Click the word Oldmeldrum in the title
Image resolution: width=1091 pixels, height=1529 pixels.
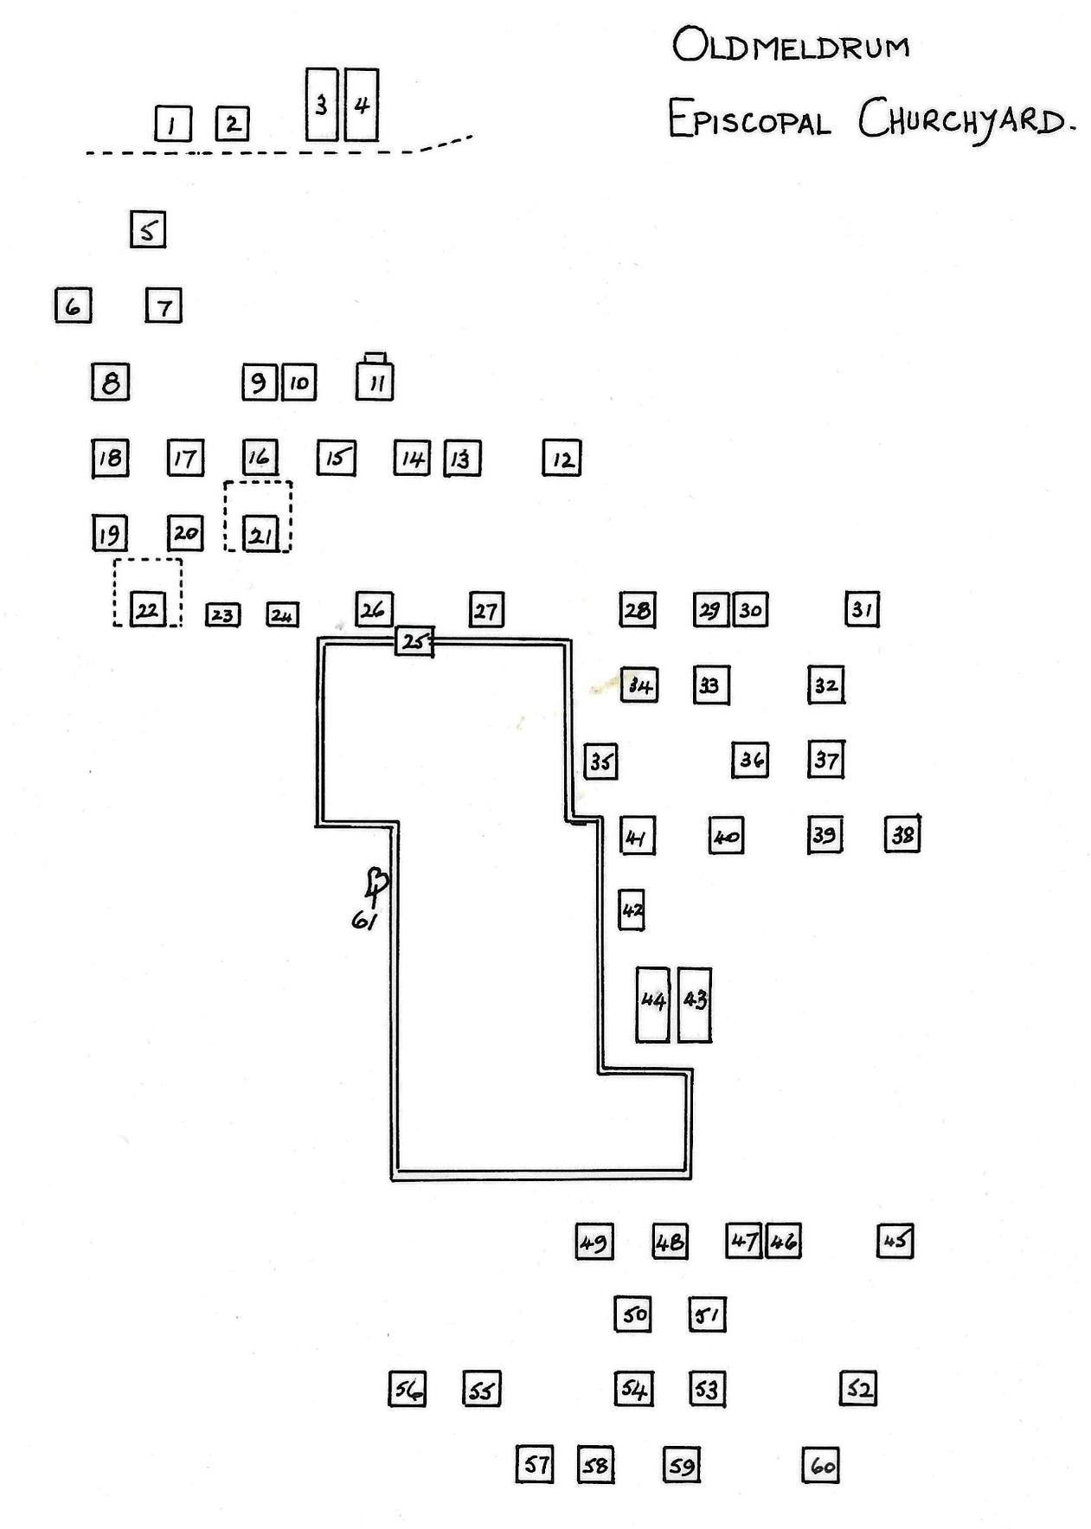click(x=790, y=46)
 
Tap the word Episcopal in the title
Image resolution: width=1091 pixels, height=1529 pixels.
click(x=748, y=119)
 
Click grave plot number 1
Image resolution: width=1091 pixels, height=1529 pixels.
click(x=173, y=124)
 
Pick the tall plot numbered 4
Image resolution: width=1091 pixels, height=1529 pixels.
click(x=362, y=105)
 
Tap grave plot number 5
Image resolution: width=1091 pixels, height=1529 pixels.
click(x=148, y=230)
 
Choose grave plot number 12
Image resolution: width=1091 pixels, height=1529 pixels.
click(x=562, y=459)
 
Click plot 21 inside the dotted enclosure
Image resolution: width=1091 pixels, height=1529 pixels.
click(x=260, y=534)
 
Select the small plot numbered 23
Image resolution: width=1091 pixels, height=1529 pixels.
click(x=222, y=615)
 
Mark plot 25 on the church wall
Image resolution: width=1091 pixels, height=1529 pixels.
click(x=414, y=642)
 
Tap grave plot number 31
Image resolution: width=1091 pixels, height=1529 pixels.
click(x=862, y=610)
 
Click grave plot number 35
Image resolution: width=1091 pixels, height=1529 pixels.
click(x=600, y=761)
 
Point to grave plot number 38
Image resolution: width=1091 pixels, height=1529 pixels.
click(x=902, y=835)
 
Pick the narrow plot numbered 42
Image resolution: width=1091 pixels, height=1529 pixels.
click(x=632, y=910)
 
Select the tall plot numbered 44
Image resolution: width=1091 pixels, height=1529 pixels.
click(x=652, y=1005)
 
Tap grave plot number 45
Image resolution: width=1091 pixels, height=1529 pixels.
click(x=895, y=1241)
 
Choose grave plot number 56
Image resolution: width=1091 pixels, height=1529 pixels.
click(x=407, y=1390)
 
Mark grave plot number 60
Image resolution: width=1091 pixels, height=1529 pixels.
click(x=821, y=1466)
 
